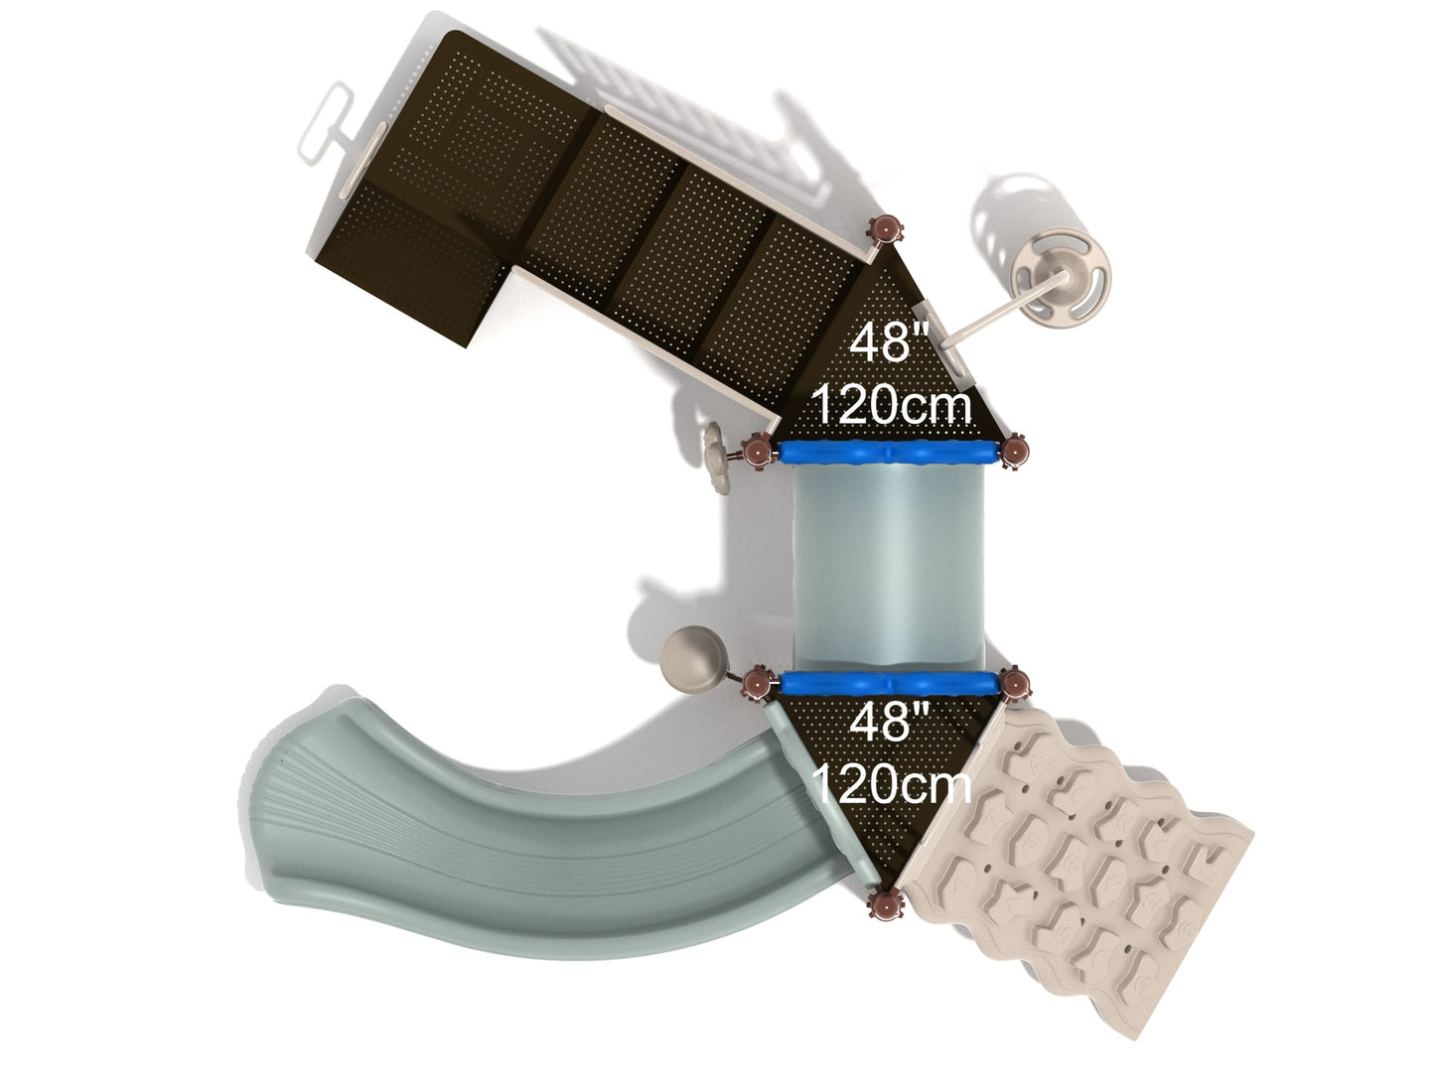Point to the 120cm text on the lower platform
(x=892, y=784)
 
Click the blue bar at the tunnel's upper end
(x=889, y=453)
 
